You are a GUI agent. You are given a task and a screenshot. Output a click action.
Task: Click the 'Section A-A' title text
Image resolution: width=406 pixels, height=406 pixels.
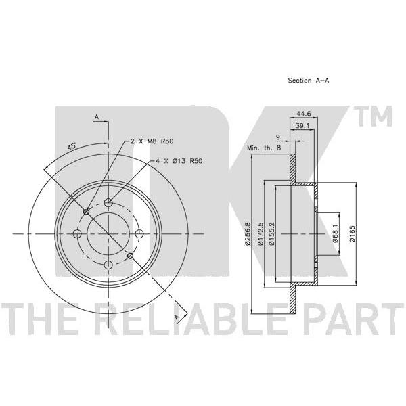[x=309, y=81]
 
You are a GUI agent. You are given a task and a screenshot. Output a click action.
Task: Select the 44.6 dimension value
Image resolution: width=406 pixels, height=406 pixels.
[x=303, y=114]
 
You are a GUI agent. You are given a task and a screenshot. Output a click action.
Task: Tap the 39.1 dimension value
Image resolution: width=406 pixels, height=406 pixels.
[x=302, y=126]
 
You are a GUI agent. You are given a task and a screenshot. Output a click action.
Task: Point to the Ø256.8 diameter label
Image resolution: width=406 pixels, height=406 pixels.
[x=247, y=233]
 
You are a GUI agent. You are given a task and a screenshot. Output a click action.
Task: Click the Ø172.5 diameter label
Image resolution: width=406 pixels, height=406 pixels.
[x=261, y=233]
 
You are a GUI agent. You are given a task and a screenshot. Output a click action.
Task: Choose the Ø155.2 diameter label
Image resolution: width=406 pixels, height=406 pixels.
[x=271, y=233]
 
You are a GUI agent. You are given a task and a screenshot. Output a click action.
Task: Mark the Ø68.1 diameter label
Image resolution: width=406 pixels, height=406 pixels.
[x=336, y=233]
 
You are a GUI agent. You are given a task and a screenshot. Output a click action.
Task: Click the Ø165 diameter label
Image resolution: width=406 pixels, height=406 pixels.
[x=352, y=233]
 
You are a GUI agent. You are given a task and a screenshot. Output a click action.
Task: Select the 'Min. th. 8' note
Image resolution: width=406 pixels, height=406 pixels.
[x=264, y=148]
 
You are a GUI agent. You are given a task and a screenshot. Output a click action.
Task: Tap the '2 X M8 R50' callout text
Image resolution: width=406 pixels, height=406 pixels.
[x=152, y=141]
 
